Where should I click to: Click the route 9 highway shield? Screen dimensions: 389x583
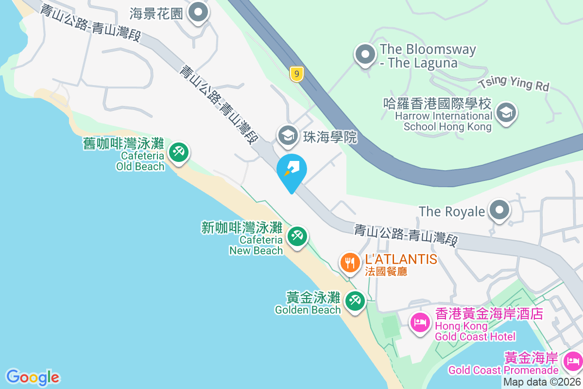(296, 74)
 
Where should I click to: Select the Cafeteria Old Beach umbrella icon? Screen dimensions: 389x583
(178, 152)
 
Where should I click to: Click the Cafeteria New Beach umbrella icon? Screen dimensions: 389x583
(296, 236)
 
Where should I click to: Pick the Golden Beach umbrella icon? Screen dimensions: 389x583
(355, 301)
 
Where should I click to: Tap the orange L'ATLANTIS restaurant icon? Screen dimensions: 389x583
(349, 263)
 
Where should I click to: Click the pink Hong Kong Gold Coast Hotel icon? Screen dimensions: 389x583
(420, 322)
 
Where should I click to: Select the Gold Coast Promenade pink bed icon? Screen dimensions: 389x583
(573, 360)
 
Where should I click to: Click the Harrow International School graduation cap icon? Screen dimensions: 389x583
(506, 112)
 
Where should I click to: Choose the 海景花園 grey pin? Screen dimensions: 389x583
(198, 13)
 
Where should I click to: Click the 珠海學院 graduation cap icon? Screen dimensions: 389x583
(288, 136)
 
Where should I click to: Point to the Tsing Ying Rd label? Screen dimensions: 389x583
(514, 83)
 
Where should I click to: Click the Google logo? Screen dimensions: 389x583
(33, 377)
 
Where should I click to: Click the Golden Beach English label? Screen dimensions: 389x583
(308, 310)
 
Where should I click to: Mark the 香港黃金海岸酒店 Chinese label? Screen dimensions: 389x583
(489, 314)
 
